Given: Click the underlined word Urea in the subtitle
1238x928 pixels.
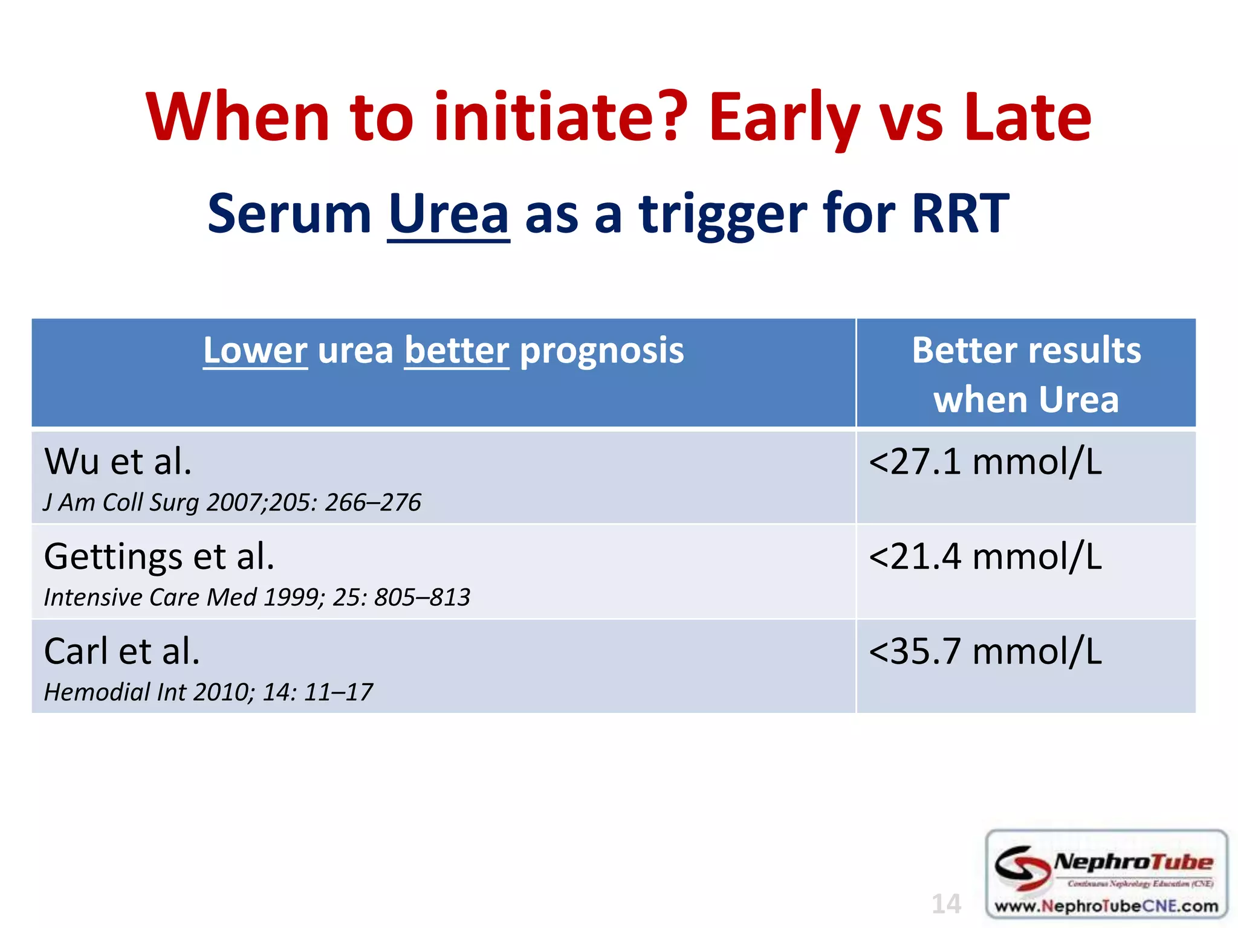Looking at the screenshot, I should click(x=448, y=214).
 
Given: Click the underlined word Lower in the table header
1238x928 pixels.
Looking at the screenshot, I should click(x=255, y=350).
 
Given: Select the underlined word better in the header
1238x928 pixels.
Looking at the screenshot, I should click(x=456, y=350).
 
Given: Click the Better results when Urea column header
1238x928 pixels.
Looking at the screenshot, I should click(x=1026, y=375).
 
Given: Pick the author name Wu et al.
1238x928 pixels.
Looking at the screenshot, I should click(x=118, y=462).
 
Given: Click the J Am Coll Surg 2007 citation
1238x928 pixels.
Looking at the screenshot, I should click(x=232, y=503).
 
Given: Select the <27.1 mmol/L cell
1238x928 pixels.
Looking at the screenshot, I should click(x=985, y=462).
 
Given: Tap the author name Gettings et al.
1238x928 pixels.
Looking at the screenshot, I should click(x=160, y=556).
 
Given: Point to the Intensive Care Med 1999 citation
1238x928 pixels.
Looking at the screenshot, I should click(x=257, y=598).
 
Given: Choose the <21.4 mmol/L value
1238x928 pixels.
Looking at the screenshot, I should click(x=985, y=556).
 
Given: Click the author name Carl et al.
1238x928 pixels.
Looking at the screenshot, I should click(x=122, y=651).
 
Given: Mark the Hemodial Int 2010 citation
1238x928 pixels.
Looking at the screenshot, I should click(x=209, y=692).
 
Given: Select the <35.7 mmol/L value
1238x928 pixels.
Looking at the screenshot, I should click(x=985, y=651).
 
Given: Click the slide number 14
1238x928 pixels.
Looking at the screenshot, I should click(x=946, y=904).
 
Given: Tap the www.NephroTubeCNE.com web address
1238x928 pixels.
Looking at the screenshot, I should click(x=1106, y=906).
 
